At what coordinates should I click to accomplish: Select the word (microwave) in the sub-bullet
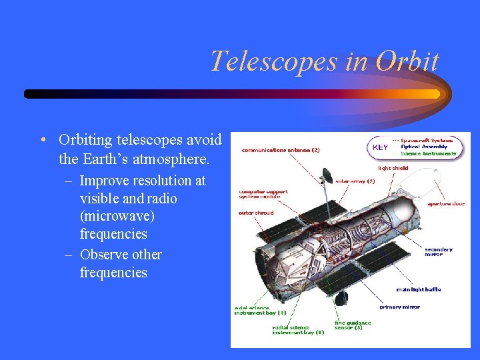point(118,216)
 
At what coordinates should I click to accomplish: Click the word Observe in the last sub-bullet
point(104,255)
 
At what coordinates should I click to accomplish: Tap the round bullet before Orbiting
point(42,140)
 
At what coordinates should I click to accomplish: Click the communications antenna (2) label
point(280,150)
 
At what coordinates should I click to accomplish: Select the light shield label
point(393,168)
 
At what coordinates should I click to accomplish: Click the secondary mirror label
point(439,252)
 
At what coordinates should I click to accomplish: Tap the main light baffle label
point(418,289)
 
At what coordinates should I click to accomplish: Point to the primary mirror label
point(400,307)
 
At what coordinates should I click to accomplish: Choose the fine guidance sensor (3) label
point(353,325)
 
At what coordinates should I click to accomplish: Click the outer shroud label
point(255,213)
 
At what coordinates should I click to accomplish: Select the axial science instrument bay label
point(259,309)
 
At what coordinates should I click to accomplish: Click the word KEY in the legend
point(381,147)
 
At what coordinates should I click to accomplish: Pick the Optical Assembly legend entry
point(424,147)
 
